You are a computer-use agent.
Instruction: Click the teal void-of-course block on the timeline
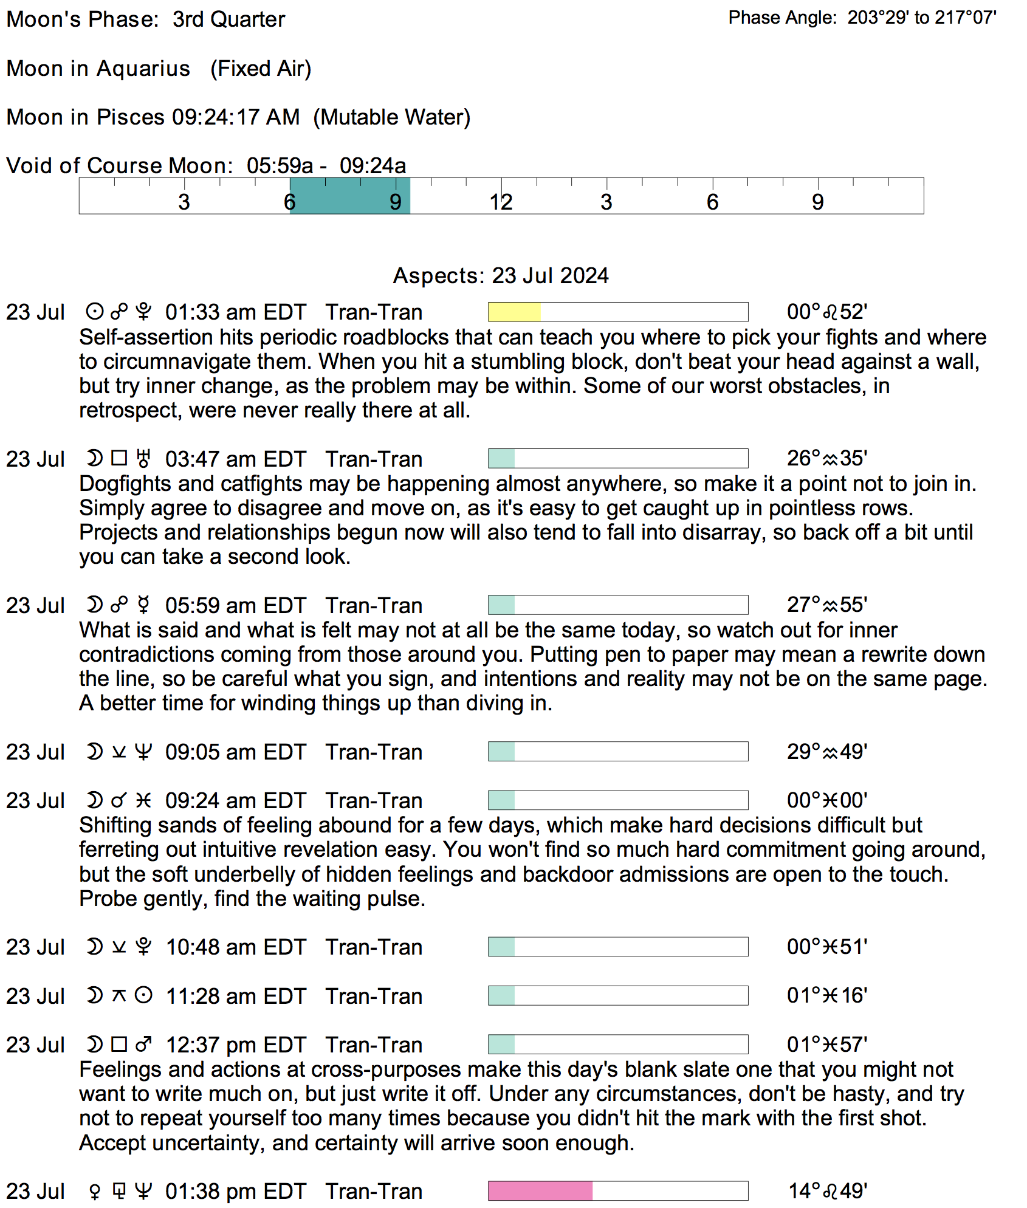click(x=349, y=196)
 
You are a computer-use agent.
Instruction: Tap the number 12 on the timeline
click(x=501, y=202)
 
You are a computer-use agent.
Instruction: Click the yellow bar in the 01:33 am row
click(x=514, y=312)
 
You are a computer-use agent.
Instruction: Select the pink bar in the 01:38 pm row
click(x=540, y=1190)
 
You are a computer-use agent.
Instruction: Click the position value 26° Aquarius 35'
click(x=827, y=458)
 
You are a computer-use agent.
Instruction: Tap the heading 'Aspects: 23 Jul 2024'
click(x=501, y=275)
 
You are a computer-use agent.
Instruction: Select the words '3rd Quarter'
click(x=228, y=19)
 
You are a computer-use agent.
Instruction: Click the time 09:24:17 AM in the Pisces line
click(x=236, y=117)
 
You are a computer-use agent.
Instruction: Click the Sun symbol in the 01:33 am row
click(x=94, y=312)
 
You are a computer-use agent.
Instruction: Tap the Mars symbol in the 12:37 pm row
click(x=143, y=1045)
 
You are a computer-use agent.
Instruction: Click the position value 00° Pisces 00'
click(x=827, y=800)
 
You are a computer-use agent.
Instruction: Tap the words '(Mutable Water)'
click(x=392, y=117)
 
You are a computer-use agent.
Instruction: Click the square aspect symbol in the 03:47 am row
click(x=119, y=458)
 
